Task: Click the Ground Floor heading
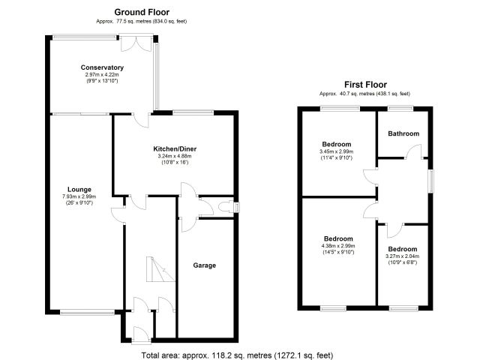(x=142, y=12)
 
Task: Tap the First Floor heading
(x=365, y=85)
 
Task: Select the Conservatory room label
(x=102, y=67)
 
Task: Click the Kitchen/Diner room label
(x=175, y=149)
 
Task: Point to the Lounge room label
(x=79, y=190)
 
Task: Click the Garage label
(x=205, y=265)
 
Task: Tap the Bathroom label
(x=403, y=133)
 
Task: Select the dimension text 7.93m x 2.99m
(x=79, y=196)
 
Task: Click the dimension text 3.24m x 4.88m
(x=175, y=156)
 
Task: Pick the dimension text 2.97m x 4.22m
(x=102, y=75)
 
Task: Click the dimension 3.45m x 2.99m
(x=337, y=151)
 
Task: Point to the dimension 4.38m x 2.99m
(x=338, y=246)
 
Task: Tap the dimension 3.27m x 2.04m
(x=403, y=256)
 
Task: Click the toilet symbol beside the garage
(x=226, y=207)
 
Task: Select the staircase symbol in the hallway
(x=160, y=269)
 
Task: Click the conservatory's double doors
(x=136, y=43)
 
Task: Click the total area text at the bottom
(x=237, y=355)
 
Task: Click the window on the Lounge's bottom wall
(x=87, y=312)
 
